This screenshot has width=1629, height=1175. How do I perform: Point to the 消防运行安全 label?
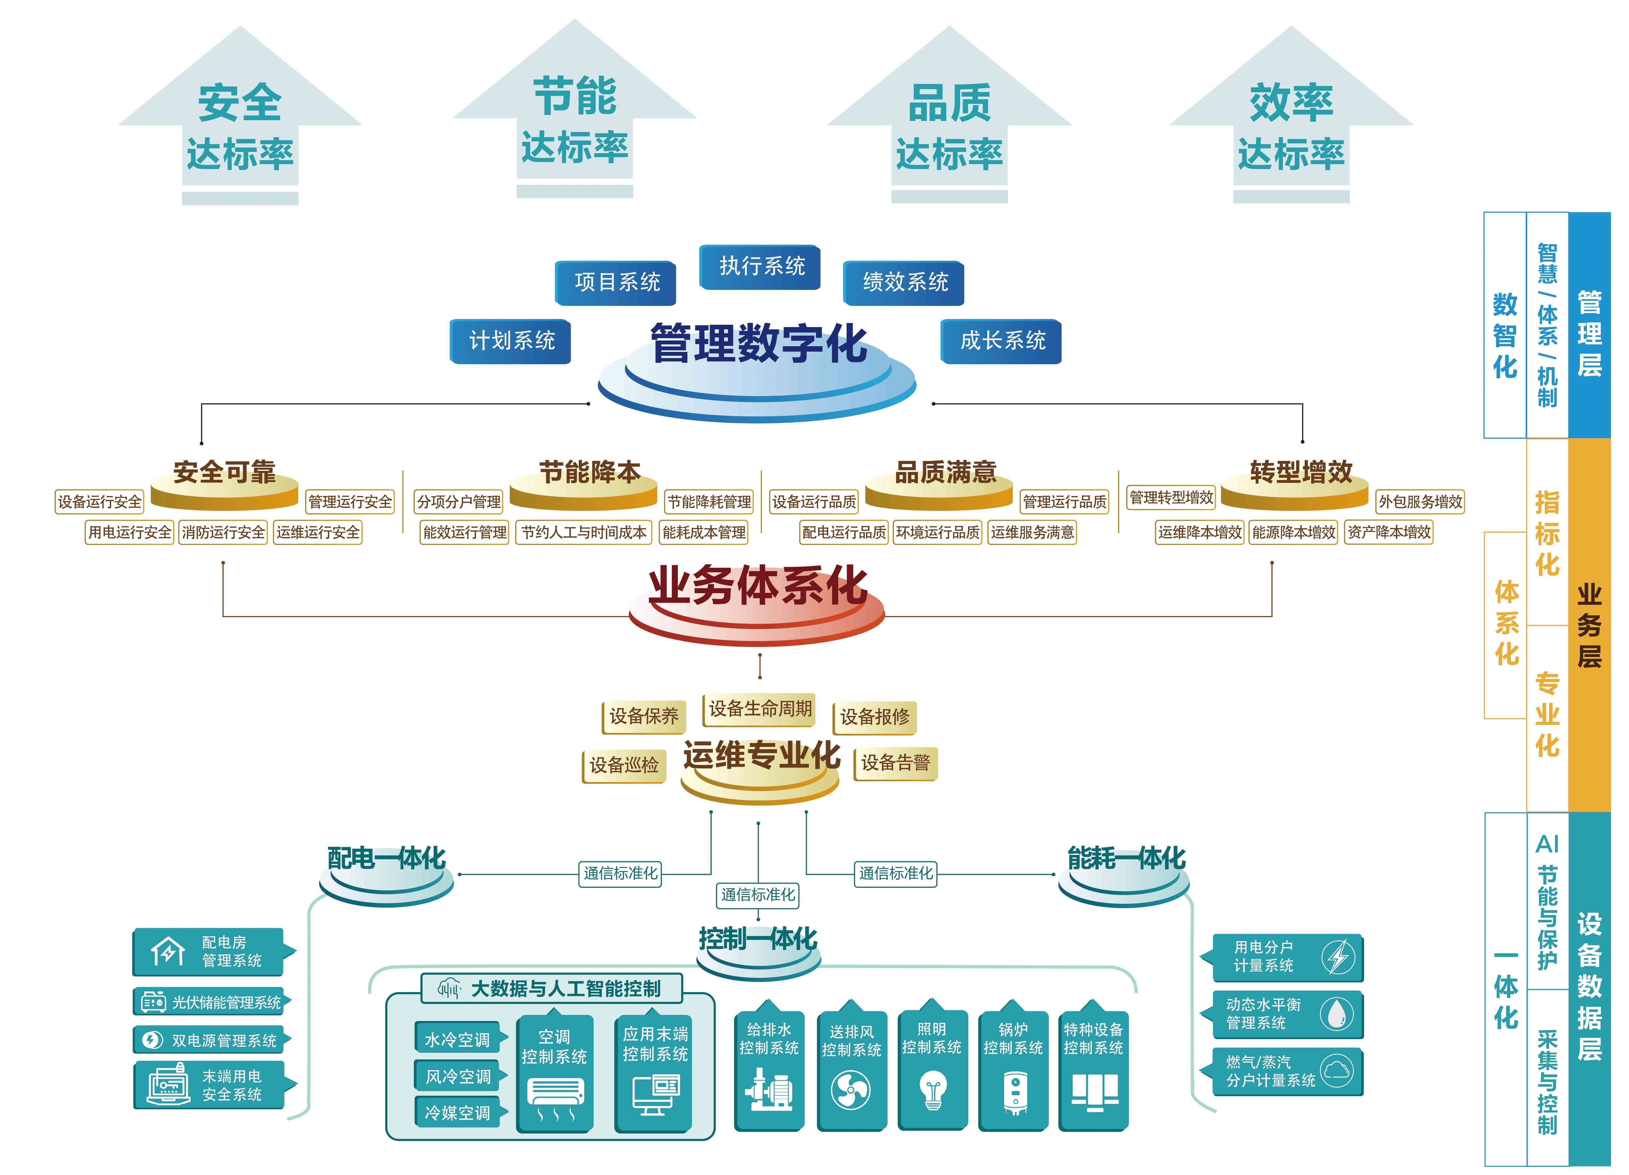[x=223, y=532]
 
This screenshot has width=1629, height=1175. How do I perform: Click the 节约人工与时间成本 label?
[x=583, y=532]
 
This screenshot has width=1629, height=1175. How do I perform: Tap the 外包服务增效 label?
[x=1420, y=501]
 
